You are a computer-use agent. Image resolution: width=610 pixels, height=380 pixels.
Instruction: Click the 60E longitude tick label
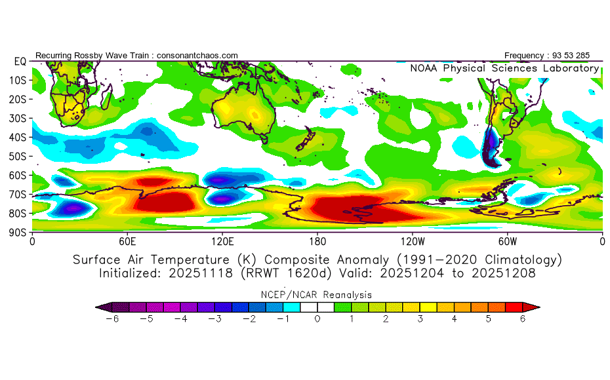coord(127,242)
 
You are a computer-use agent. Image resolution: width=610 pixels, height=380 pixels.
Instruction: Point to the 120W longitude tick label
coord(413,242)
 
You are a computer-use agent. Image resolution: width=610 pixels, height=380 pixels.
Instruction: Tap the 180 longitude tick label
coord(317,242)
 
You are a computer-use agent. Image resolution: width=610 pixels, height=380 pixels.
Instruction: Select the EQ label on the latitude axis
coord(20,62)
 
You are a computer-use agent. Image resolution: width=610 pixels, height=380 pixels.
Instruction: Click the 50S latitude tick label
coord(18,157)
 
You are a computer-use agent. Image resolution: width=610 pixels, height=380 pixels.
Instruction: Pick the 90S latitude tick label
coord(18,233)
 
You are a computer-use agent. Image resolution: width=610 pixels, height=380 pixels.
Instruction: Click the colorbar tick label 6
coord(523,319)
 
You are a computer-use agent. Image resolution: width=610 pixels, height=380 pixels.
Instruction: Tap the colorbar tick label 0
coord(317,319)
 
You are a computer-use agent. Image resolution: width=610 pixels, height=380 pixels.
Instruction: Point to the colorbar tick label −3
coord(214,319)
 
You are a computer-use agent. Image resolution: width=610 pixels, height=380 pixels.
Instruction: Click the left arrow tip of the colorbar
coord(96,307)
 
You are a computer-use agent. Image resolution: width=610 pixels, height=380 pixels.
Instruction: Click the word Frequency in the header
coord(523,56)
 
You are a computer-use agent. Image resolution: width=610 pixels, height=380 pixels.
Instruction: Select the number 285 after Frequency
coord(582,56)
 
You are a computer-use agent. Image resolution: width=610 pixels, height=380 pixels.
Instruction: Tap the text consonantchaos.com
coord(197,56)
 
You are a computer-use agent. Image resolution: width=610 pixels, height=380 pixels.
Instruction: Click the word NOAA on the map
coord(423,68)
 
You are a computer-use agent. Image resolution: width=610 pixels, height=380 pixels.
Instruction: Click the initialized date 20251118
coord(200,273)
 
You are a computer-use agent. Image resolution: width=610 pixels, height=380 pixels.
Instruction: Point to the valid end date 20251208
coord(503,273)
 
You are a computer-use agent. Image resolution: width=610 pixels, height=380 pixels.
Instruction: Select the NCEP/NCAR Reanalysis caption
coord(316,295)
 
